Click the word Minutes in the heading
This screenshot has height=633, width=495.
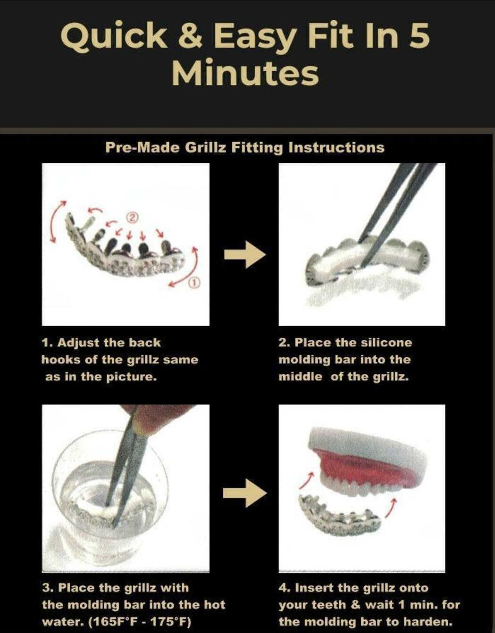coord(245,72)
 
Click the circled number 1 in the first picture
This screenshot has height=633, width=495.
coord(195,282)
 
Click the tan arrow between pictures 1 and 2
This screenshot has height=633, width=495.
coord(245,254)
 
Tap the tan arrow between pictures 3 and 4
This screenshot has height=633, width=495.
coord(244,493)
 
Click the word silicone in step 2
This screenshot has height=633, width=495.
coord(386,343)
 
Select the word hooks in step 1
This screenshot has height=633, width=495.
coord(60,360)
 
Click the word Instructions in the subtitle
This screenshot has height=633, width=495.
coord(336,147)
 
